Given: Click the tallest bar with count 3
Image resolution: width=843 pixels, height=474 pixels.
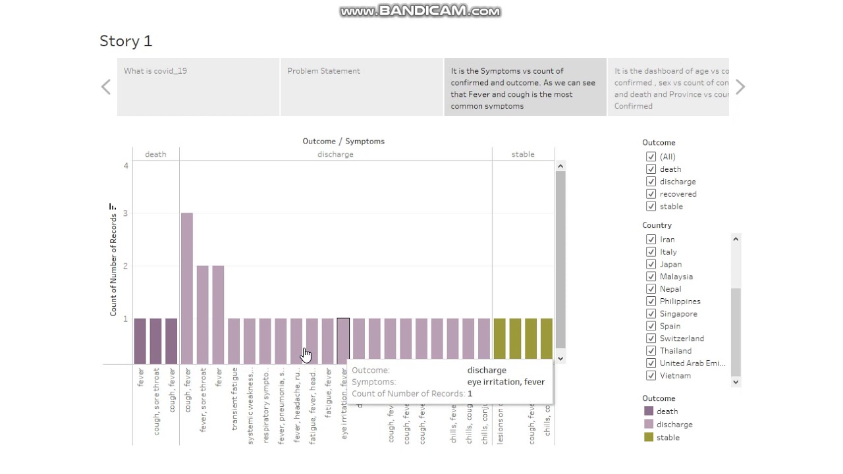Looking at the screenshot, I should pos(187,288).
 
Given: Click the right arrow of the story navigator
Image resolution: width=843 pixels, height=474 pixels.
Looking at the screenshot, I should pos(740,87).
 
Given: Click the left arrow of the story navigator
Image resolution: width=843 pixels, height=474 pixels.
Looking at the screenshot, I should pos(106,87).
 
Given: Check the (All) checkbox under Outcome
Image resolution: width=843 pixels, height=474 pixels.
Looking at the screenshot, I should pos(651,157).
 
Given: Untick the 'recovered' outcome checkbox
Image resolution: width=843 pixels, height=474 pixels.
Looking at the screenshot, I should pos(651,194).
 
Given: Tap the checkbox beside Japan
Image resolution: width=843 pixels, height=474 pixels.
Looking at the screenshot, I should pos(651,265).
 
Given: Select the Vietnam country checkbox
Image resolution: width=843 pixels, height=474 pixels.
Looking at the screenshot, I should pos(651,376).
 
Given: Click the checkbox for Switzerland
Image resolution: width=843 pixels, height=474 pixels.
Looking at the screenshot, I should pos(651,338).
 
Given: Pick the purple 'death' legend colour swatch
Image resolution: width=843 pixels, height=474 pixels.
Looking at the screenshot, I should pos(649,411).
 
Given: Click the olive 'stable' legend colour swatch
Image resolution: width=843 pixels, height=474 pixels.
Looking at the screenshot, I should pos(649,437).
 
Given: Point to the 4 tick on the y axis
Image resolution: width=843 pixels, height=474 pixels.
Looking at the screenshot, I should pos(126,165).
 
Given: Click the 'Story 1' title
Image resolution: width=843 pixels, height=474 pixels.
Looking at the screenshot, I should pos(126,41).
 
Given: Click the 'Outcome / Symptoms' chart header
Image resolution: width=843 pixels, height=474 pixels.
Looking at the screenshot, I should pos(343,141).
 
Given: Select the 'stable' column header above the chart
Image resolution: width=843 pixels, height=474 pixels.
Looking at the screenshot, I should pos(523,154).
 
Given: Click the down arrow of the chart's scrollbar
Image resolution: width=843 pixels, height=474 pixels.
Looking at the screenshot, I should pos(560,359).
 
